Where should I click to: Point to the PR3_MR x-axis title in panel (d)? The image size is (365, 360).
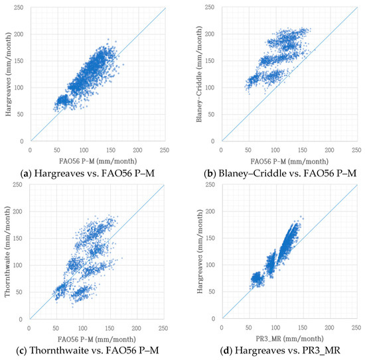[289, 338]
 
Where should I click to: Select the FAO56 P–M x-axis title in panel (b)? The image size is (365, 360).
[289, 160]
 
